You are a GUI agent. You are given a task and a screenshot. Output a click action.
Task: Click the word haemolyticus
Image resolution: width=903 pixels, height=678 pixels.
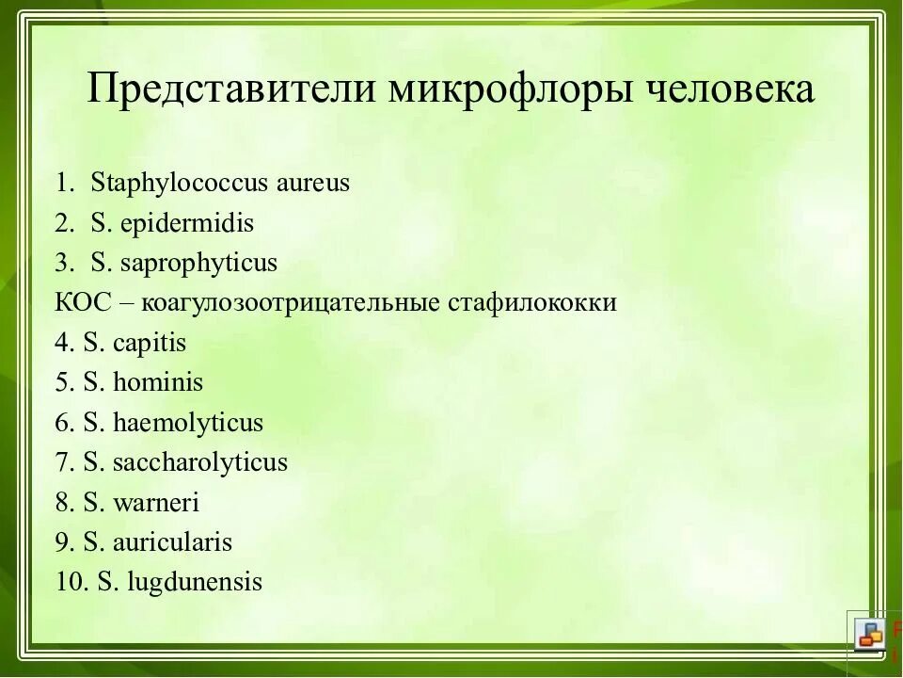[x=187, y=423]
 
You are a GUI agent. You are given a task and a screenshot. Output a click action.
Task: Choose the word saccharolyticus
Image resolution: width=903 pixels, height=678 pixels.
[x=199, y=462]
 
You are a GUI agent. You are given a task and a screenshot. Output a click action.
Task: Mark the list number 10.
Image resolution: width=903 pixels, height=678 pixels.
[x=71, y=583]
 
